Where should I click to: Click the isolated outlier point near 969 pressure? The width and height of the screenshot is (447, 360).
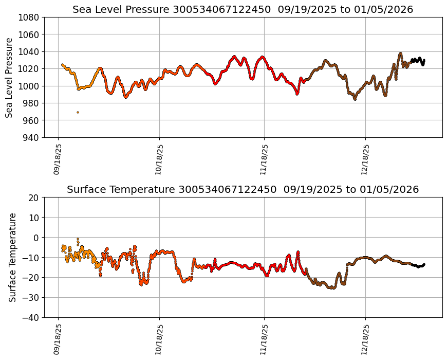coord(78,112)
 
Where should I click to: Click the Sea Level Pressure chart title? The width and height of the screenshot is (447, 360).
coord(243,10)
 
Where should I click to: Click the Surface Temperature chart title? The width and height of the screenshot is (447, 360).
coord(243,190)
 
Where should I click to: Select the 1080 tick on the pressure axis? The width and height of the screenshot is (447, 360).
coord(30,17)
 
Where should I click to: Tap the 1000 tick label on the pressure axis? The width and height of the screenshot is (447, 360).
coord(30,86)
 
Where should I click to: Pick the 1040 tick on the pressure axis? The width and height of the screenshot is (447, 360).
coord(30,51)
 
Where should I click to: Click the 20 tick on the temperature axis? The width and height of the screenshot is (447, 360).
coord(34,197)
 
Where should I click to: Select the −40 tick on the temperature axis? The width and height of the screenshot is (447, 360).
coord(32,317)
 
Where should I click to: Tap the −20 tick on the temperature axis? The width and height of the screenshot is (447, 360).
coord(32,278)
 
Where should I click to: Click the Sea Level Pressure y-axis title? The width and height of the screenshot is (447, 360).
coord(10,77)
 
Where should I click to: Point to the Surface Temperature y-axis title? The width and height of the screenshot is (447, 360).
coord(12,257)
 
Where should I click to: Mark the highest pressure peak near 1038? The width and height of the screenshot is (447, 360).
coord(400,53)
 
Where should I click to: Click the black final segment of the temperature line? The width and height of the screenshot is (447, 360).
coord(419,266)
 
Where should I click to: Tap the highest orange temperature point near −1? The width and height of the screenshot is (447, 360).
coord(78,239)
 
